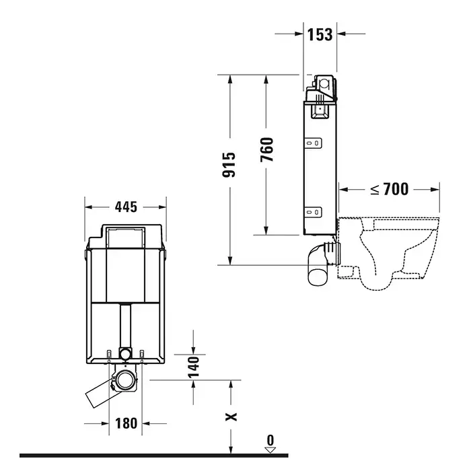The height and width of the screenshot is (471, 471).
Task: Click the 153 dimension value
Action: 320,34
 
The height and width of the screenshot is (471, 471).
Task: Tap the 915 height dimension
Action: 229,165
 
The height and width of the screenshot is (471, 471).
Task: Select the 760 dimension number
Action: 266,149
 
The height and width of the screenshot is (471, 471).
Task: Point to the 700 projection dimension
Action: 396,189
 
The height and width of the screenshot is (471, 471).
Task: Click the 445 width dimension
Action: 126,207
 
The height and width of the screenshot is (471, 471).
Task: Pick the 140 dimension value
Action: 194,367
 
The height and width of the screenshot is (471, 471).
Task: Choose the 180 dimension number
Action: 126,423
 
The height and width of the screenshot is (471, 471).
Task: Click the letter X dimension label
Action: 231,416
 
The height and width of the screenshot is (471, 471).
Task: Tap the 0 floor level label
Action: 270,440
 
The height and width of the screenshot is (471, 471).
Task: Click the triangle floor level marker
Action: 270,450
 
